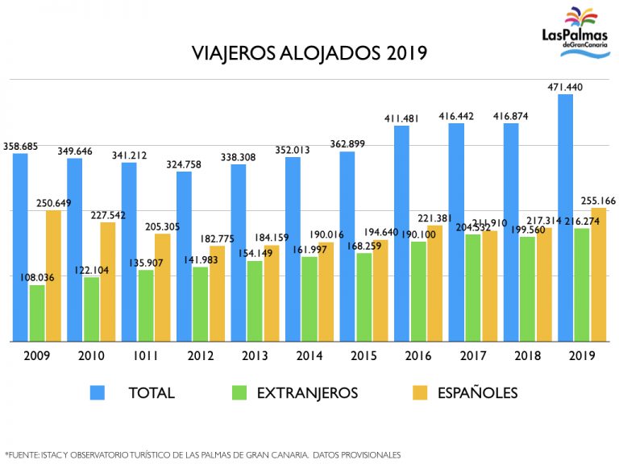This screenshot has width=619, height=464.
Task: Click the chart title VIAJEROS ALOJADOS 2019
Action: point(309,54)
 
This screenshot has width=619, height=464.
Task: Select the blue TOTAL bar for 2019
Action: point(566,217)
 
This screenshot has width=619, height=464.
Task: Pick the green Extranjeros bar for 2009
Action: point(37,313)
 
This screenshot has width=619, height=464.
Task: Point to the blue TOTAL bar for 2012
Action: point(184,256)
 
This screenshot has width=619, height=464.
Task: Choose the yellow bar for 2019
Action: point(598,275)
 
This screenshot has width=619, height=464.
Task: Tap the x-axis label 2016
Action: point(418,355)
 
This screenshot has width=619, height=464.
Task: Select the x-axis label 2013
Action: point(255,355)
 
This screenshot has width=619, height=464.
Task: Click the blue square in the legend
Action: point(98,392)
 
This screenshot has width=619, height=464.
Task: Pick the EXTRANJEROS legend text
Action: point(307,393)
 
